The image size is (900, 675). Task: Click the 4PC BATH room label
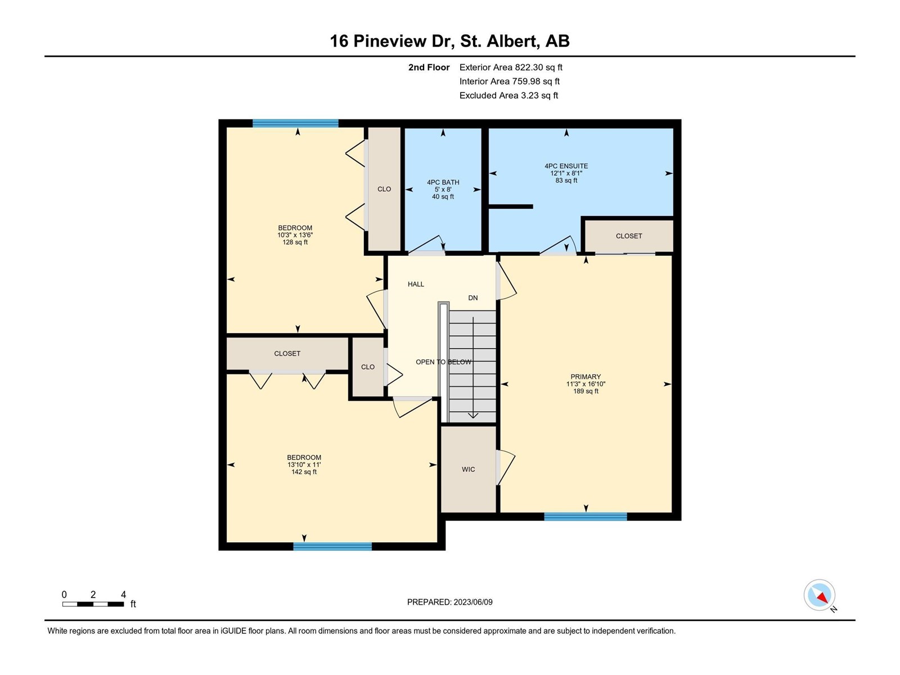tap(443, 182)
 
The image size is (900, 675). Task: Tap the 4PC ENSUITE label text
tap(566, 166)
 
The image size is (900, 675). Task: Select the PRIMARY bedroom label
tap(586, 377)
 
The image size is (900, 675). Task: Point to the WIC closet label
tap(468, 469)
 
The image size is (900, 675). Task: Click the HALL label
tap(416, 284)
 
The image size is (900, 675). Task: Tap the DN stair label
tap(472, 298)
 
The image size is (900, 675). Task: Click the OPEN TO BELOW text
tap(443, 362)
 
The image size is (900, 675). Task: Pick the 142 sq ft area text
tap(304, 472)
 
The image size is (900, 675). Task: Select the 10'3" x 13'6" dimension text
tap(295, 235)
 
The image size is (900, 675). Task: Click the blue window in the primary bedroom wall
tap(586, 516)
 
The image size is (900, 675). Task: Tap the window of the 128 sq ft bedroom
tap(295, 123)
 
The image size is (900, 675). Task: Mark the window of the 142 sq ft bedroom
tap(332, 546)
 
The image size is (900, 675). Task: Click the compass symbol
tap(819, 595)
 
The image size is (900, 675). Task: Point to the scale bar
tap(93, 604)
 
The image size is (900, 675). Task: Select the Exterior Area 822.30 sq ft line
tap(511, 67)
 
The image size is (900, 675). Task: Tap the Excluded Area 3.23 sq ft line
tap(509, 96)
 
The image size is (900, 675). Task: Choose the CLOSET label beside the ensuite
tap(628, 236)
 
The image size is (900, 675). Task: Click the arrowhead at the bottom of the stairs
tap(472, 416)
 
